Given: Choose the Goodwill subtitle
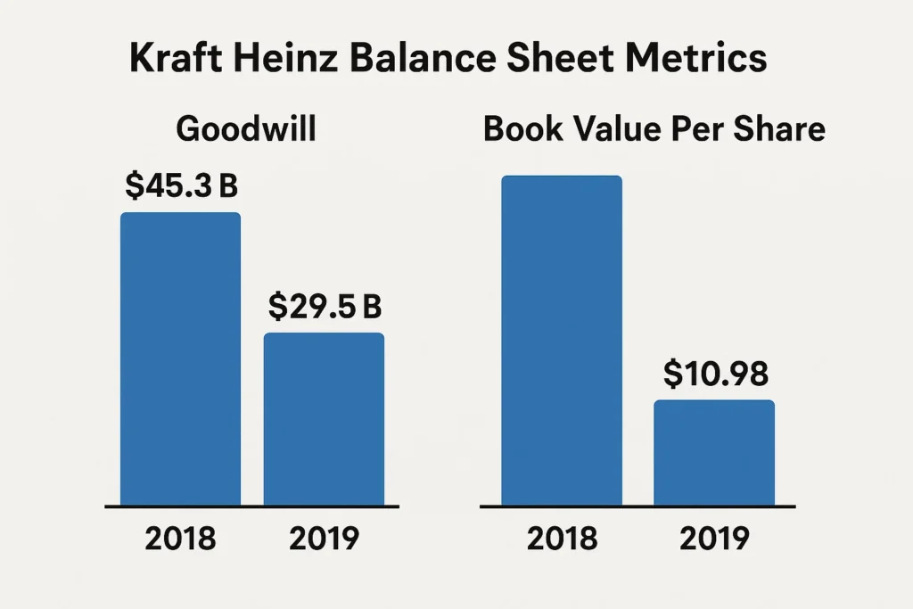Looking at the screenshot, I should (246, 129).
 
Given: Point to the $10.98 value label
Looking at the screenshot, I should (715, 374).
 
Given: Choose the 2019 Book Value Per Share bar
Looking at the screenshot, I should (714, 453).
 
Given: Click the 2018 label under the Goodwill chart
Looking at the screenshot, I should (182, 539).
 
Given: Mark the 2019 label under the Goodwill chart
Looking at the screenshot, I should (325, 539).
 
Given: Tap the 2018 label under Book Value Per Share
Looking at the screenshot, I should (562, 539).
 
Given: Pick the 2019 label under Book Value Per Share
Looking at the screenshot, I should (714, 539).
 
